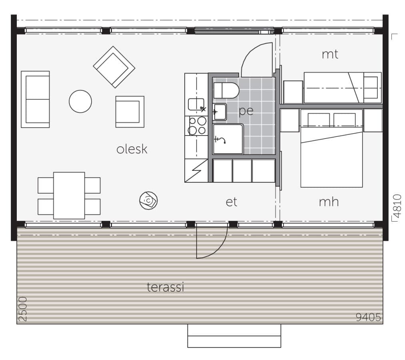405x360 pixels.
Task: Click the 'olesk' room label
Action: pos(132,149)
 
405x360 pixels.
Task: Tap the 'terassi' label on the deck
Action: pos(165,287)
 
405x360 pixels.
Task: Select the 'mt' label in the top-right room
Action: pos(330,54)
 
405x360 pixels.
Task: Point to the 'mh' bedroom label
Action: pos(329,202)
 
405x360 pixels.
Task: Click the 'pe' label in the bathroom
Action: pos(246,111)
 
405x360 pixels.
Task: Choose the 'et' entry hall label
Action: pos(231,202)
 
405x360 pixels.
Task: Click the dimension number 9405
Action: pos(368,317)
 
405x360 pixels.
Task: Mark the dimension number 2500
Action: pos(23,309)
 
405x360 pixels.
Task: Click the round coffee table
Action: pos(80,101)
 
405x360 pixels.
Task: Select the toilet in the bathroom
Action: pos(225,90)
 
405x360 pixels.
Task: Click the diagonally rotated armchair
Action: pos(114,67)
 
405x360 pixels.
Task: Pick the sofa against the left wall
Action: pos(35,99)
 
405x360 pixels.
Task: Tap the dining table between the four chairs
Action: pos(69,195)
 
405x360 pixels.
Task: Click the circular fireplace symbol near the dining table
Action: pos(148,200)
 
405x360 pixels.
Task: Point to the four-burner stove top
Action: pos(197,126)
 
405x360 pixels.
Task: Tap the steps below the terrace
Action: pos(234,336)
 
